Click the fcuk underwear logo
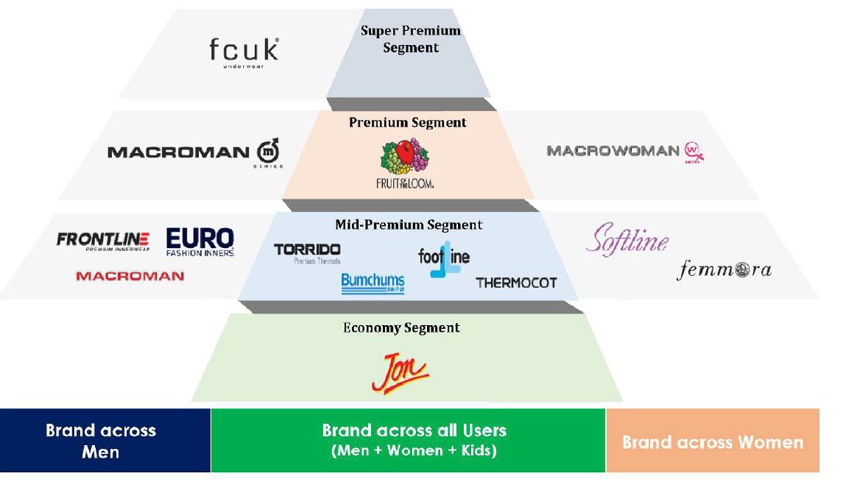coord(244,51)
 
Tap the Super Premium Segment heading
coord(410,39)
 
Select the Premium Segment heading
coord(408,123)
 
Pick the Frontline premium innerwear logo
coord(103,241)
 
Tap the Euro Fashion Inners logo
coord(200,242)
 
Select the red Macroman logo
coord(130,276)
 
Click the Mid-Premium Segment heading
coord(408,225)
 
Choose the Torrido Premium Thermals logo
coord(307,253)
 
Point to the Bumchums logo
coord(373,284)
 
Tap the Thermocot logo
coord(516,283)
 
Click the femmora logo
coord(724,270)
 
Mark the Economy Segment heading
coord(401,328)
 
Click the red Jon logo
coord(400,371)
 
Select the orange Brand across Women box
coord(712,441)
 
